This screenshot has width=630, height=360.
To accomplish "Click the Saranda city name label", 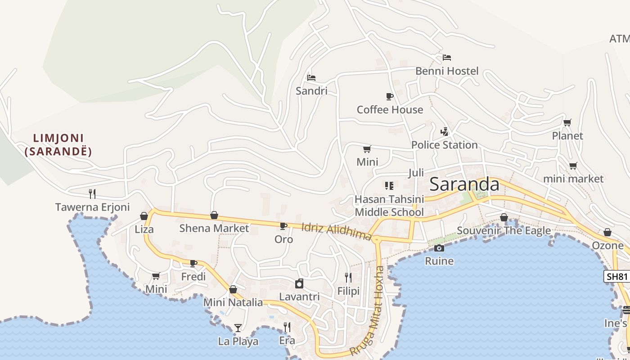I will coord(464,184).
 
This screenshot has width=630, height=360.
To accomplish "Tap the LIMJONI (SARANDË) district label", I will coord(58,144).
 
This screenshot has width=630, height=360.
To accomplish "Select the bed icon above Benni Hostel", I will coord(446,58).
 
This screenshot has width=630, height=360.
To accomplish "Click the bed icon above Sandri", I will coord(311,77).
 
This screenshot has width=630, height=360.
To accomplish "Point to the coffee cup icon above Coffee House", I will coord(390,96).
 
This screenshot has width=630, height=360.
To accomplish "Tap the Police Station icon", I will coord(444,131).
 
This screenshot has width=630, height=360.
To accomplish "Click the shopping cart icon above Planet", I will coord(567,122).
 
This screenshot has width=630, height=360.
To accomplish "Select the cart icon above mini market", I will coord(573,166).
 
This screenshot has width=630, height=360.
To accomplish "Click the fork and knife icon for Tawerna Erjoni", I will coord(92,193).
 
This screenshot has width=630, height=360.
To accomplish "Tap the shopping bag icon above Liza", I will coord(144,216).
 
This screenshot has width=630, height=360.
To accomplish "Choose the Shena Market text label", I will coord(214,228).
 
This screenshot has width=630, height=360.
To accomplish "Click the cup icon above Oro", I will coord(283,226).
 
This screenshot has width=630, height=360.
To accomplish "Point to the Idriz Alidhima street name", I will coord(337,231).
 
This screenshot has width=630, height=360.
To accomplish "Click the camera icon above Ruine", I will coord(439,248).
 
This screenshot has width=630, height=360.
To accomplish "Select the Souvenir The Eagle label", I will coord(504,231).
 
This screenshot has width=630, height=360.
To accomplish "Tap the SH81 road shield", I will coord(616,276).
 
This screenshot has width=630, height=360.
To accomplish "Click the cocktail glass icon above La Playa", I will coord(238,328).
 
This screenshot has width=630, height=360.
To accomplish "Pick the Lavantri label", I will coord(299,297).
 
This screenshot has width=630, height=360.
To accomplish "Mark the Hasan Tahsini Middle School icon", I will coord(389,185).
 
